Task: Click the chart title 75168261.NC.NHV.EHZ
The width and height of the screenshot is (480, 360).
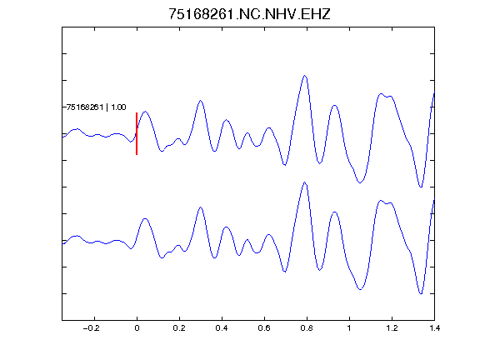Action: tap(249, 14)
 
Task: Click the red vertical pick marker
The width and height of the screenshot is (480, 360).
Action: tap(137, 134)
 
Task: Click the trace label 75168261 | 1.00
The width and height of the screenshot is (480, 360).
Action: tap(96, 107)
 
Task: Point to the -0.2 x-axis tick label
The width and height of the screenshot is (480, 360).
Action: tap(92, 328)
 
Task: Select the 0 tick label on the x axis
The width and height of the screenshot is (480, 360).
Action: tap(137, 328)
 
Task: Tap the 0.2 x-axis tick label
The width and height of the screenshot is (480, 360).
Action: tap(179, 328)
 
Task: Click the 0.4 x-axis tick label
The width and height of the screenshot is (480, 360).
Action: tap(222, 328)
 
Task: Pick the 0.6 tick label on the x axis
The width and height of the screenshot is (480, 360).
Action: tap(264, 328)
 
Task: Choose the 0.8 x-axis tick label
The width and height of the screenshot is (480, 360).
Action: tap(307, 328)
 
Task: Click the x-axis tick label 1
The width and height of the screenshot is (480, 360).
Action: tap(349, 328)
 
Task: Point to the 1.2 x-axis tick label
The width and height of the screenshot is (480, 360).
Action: tap(392, 328)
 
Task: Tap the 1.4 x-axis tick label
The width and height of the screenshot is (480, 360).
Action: tap(434, 328)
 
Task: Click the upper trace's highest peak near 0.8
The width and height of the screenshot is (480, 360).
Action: tap(305, 75)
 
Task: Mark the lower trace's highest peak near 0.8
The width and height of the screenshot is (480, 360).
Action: tap(305, 182)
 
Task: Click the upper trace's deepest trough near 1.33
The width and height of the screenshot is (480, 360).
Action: tap(421, 187)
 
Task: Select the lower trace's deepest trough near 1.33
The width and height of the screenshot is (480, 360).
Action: tap(421, 293)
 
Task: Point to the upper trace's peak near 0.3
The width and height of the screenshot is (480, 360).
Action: tap(201, 100)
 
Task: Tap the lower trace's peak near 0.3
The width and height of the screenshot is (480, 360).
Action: tap(201, 207)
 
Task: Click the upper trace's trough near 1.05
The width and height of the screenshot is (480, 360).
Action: tap(360, 182)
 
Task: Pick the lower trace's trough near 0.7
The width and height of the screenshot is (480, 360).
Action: tap(285, 272)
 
